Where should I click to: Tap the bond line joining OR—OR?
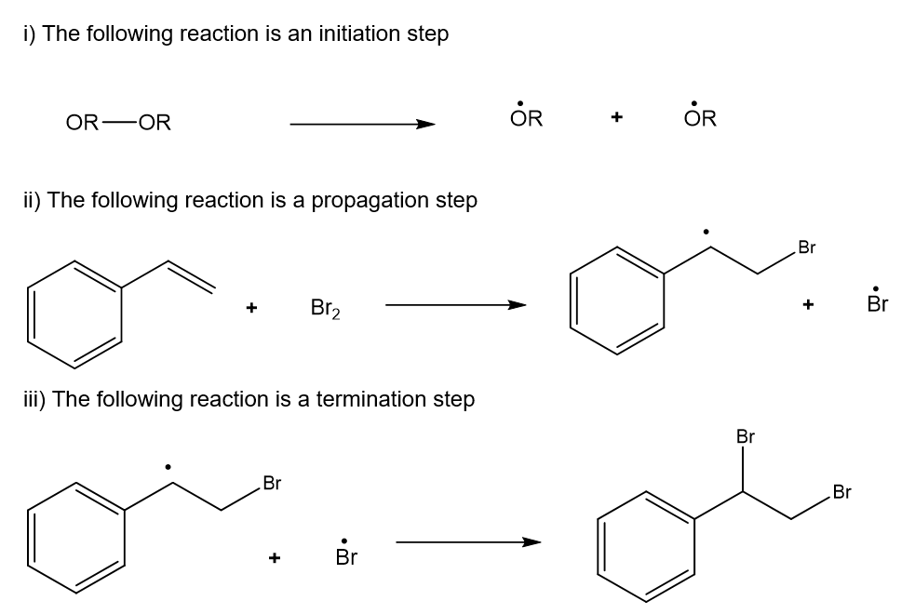click(118, 123)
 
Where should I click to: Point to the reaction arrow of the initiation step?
click(362, 123)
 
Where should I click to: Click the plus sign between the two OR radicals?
click(614, 118)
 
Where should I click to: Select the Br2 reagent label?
click(325, 307)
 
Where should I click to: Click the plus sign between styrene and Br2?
click(251, 307)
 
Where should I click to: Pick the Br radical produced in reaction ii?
click(876, 303)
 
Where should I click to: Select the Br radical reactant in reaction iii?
click(345, 556)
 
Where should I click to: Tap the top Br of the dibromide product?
click(745, 436)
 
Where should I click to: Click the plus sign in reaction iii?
click(274, 558)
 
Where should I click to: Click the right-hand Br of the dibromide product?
click(842, 492)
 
